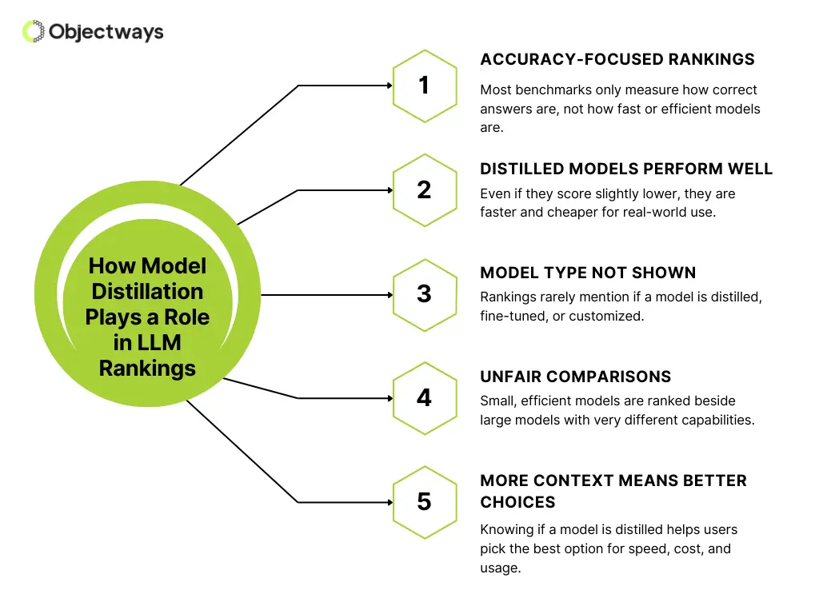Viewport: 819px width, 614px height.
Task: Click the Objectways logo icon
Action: (33, 31)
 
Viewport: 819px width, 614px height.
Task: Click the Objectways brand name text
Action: (106, 32)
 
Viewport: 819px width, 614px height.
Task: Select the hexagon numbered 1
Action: (424, 86)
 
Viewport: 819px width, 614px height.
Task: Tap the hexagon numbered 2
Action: (424, 189)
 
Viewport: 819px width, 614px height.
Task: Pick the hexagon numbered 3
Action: (424, 294)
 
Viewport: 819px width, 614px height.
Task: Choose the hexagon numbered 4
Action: (424, 397)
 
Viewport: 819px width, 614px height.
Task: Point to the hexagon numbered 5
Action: (424, 502)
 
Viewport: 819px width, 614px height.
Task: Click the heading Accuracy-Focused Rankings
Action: (617, 60)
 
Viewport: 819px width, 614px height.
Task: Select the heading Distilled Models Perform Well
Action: (626, 169)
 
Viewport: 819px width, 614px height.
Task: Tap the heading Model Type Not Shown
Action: (588, 273)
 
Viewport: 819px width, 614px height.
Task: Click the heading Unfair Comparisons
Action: (575, 377)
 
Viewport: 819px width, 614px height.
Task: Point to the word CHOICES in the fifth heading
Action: (517, 502)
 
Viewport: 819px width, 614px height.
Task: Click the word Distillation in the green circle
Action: (147, 291)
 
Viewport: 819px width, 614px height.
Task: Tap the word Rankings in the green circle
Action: (147, 369)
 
